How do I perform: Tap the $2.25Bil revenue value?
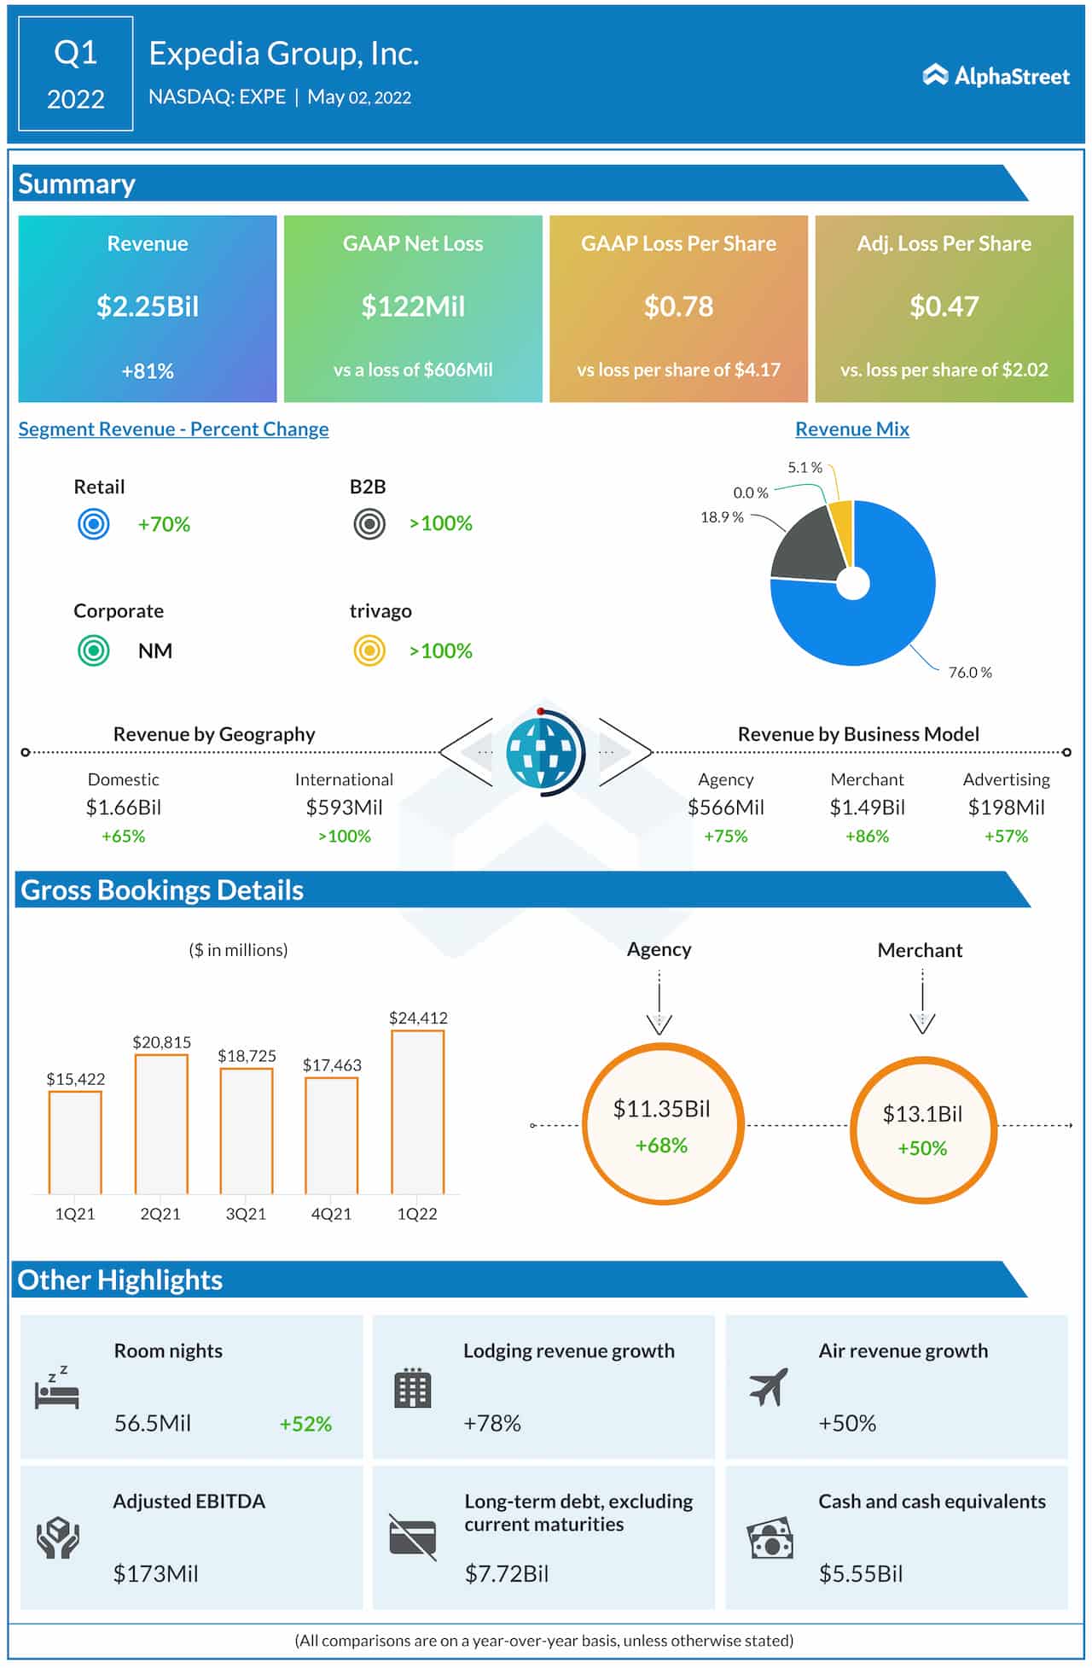(148, 306)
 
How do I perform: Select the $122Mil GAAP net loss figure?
(413, 306)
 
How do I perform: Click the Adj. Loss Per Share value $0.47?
(944, 306)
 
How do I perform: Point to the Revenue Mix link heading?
(851, 429)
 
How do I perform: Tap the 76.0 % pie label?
(969, 673)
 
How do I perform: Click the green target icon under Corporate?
(94, 650)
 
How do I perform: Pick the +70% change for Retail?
(164, 524)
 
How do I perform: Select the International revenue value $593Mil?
(344, 808)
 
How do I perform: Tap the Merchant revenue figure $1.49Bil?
(867, 808)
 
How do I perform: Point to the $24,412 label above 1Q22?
(418, 1018)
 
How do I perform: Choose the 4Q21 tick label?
(331, 1214)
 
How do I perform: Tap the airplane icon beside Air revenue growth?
(768, 1387)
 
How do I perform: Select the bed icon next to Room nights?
(56, 1391)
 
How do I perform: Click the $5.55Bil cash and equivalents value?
(860, 1574)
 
